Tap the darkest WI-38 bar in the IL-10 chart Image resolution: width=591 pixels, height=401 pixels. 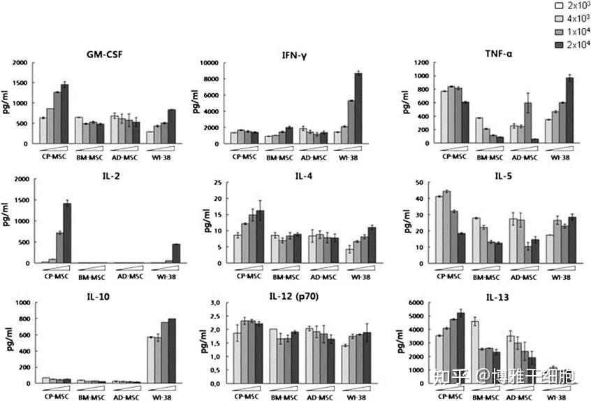tap(172, 351)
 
